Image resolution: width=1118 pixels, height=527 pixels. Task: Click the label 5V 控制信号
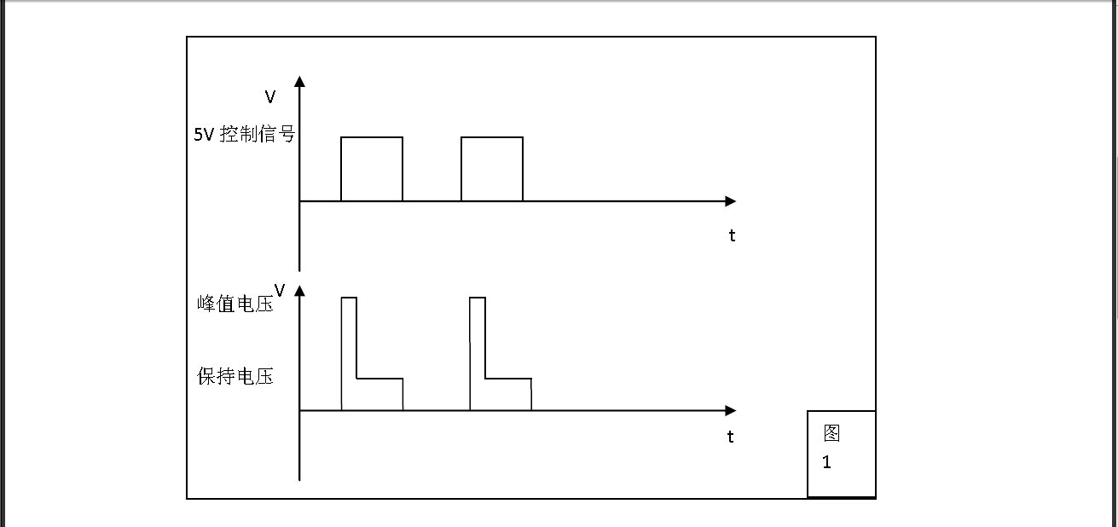point(244,134)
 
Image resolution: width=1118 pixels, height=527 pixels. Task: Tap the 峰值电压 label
point(235,303)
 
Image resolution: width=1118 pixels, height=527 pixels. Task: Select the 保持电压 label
point(235,376)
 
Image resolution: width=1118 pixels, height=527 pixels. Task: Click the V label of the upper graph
point(270,97)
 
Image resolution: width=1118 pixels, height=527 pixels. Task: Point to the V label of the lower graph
point(279,290)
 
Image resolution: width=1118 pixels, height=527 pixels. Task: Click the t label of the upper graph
point(732,236)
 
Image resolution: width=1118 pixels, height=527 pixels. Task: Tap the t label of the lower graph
point(731,437)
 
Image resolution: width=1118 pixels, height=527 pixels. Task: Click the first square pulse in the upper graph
point(372,169)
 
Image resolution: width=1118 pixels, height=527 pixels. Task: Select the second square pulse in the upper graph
point(492,169)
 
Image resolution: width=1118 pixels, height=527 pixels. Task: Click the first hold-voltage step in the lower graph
point(379,394)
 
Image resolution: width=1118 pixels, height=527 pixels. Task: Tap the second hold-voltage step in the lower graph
point(508,394)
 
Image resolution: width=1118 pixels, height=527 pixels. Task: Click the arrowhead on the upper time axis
point(730,201)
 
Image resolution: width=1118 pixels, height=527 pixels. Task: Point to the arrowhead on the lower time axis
point(730,410)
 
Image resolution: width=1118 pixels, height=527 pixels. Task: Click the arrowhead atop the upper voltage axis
point(299,81)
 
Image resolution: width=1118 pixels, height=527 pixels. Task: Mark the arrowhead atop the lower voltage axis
point(299,290)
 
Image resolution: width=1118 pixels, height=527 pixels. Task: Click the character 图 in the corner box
point(831,433)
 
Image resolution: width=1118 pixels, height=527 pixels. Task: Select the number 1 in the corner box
point(826,464)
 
